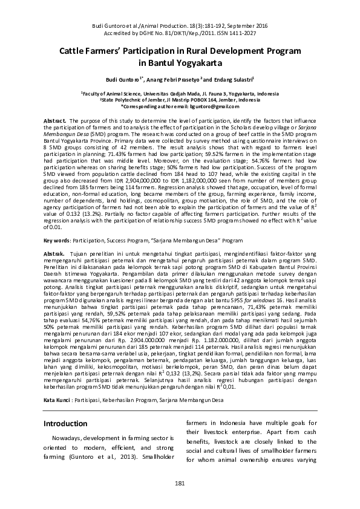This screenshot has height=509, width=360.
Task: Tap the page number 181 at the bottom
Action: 180,482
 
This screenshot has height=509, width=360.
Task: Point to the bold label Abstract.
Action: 55,122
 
